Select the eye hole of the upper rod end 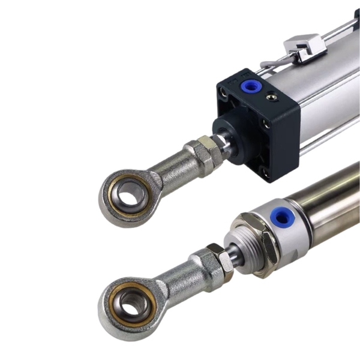pos(129,193)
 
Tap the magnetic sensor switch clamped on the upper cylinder pos(306,47)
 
